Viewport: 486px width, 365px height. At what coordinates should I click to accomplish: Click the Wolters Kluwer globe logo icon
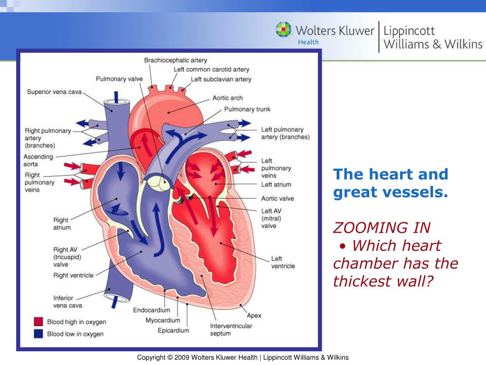284,30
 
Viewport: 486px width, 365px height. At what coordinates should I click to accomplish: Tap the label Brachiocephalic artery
176,60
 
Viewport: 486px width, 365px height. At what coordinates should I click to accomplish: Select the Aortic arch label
227,98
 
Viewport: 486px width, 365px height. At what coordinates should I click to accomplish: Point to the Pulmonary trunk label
247,109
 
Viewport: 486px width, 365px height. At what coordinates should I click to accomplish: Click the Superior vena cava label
55,92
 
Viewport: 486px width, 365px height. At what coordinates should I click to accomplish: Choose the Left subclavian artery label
221,79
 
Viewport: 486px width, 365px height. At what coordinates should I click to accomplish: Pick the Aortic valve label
278,199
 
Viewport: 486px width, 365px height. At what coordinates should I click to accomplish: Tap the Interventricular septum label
231,330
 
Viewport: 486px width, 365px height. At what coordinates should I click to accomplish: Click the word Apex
254,316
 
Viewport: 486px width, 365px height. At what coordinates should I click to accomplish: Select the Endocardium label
151,310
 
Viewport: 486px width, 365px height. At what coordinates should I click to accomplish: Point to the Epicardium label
173,330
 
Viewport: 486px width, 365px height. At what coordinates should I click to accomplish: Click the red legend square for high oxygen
38,322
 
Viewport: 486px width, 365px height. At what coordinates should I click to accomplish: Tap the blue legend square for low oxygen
38,334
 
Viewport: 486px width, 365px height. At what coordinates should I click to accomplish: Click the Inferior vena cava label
68,302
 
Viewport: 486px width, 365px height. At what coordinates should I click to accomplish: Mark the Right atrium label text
62,224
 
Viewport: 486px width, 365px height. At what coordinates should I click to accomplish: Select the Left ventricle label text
283,262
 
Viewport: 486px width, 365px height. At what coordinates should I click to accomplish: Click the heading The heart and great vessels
391,183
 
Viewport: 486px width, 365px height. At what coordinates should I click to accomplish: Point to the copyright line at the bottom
243,357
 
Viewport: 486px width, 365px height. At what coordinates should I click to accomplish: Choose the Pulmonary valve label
119,79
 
